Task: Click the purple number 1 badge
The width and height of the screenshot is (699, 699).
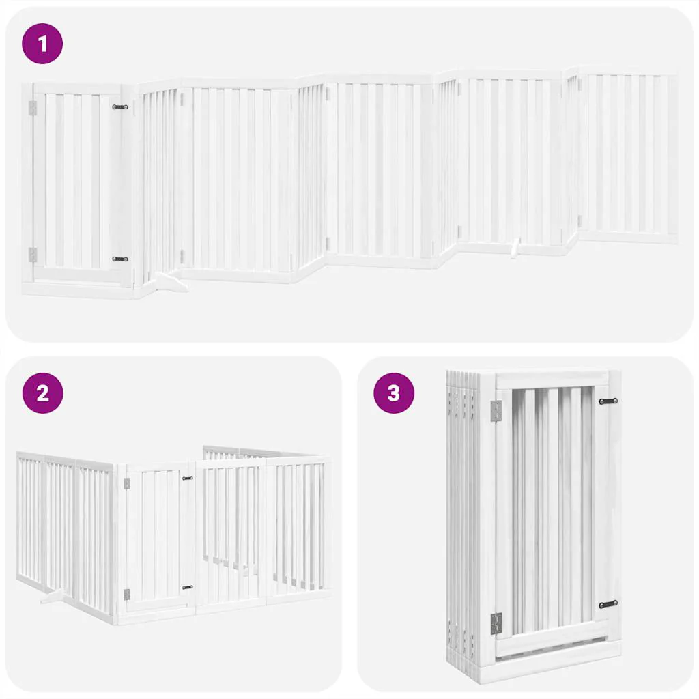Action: click(42, 44)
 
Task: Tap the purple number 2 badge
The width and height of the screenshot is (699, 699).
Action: click(43, 393)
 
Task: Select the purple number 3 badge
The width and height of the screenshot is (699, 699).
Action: click(394, 393)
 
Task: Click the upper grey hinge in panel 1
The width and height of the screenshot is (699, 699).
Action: click(33, 108)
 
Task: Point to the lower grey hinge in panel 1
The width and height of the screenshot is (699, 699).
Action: click(33, 255)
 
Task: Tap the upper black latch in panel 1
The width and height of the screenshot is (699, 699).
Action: click(120, 107)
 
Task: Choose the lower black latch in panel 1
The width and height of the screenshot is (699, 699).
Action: click(120, 259)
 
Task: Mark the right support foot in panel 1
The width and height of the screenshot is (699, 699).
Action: click(515, 248)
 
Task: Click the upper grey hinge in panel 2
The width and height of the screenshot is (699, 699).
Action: click(126, 484)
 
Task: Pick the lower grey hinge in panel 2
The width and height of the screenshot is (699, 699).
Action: click(126, 595)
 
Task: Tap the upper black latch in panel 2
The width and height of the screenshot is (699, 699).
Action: click(188, 479)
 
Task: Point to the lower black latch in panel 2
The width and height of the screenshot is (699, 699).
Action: click(188, 588)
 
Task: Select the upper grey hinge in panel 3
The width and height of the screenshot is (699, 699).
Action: click(496, 410)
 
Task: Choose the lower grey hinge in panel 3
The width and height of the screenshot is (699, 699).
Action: click(496, 624)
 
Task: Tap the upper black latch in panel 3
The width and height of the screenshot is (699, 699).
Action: click(608, 401)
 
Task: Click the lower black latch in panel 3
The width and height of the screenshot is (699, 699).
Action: click(608, 605)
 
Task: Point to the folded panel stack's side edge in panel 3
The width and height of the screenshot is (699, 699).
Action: click(463, 522)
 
